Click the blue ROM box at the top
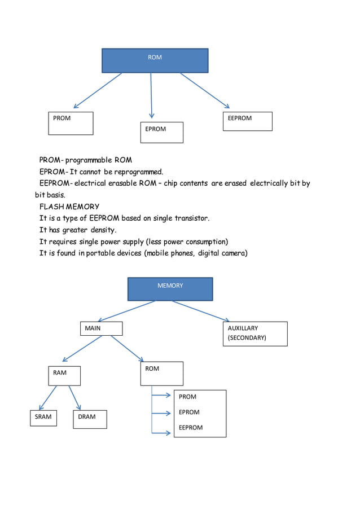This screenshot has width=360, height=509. tap(155, 60)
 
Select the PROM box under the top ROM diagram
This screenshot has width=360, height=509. tap(71, 123)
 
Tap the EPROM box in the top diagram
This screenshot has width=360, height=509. tap(161, 132)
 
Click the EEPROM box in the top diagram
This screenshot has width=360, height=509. tap(247, 121)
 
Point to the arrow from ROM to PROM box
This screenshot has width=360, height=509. tap(98, 90)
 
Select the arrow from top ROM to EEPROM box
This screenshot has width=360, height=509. tap(205, 90)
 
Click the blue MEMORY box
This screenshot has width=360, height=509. tap(170, 288)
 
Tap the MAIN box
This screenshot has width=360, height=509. tap(101, 328)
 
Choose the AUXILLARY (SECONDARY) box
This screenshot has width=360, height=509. tap(255, 334)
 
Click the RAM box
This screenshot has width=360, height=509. tap(64, 376)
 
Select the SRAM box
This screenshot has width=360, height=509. tap(43, 417)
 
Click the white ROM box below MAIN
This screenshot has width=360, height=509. tap(161, 374)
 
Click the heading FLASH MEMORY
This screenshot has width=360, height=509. tap(69, 207)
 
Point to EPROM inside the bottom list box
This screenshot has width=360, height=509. tap(189, 413)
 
